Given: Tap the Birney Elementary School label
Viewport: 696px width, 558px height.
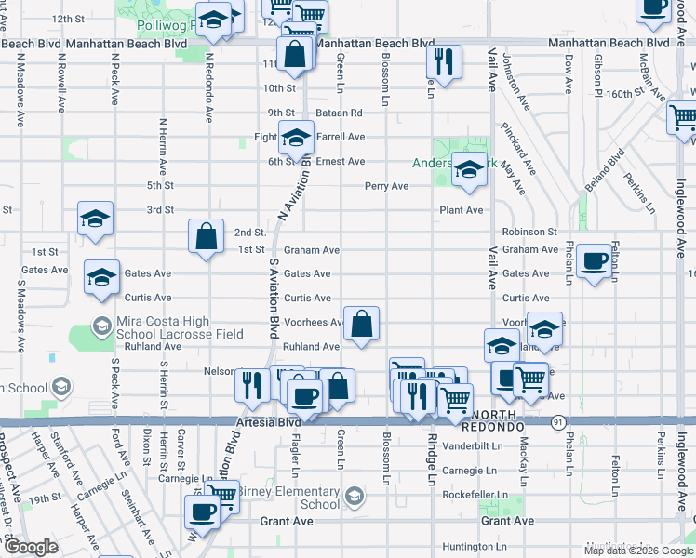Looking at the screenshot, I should tap(288, 498).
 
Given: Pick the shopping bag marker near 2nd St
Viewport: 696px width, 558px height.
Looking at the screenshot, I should tap(206, 235).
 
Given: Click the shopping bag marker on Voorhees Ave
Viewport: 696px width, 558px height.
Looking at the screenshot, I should tap(362, 323).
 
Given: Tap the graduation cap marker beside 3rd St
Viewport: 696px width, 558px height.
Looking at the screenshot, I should tap(95, 218).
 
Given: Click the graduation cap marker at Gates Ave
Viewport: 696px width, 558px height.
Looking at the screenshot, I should tap(101, 276).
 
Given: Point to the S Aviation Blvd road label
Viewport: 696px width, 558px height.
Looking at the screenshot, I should tap(274, 298).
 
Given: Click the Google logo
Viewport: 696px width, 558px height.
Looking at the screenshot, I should tap(31, 547).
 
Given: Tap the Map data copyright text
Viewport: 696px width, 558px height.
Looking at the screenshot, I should tap(639, 551).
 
